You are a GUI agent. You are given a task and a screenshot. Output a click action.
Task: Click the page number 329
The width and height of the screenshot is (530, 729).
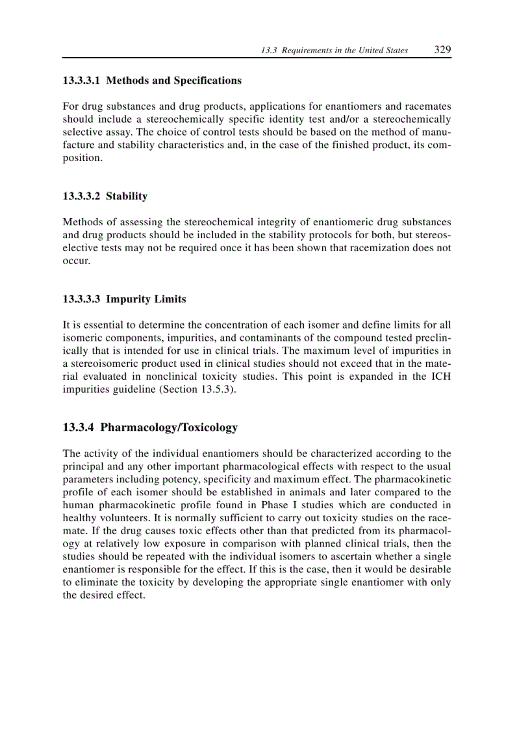coord(442,50)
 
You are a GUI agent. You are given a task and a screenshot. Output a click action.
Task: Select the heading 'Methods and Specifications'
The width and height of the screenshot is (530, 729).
coord(173,80)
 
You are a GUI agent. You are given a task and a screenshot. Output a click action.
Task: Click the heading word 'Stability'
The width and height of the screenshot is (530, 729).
coord(127,196)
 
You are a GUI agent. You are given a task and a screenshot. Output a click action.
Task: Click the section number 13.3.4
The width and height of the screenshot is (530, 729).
coord(79,428)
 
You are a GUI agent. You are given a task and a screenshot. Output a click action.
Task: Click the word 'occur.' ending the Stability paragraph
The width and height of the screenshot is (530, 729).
coord(76,260)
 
